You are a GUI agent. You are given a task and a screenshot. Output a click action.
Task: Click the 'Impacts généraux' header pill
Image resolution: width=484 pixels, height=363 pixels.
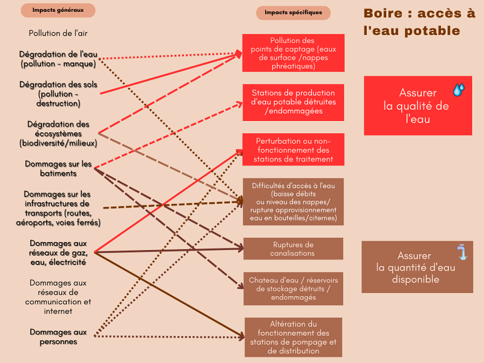tap(58, 10)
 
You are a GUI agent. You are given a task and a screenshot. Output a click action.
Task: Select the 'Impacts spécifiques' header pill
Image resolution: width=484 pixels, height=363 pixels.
tap(293, 12)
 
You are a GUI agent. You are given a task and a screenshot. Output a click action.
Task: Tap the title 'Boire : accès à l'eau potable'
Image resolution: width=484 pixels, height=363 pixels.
tap(419, 22)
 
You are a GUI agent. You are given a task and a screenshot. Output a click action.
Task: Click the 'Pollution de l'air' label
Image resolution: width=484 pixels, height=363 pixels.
tap(58, 33)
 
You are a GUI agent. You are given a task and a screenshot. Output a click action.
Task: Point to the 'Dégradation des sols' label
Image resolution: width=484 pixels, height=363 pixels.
tap(58, 94)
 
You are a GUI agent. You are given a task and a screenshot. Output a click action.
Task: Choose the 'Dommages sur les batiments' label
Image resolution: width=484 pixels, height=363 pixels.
tap(58, 168)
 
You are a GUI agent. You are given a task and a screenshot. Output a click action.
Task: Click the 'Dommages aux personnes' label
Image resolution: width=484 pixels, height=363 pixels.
tap(58, 337)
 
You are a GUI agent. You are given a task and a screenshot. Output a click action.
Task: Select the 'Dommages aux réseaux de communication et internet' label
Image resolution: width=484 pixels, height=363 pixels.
tap(58, 297)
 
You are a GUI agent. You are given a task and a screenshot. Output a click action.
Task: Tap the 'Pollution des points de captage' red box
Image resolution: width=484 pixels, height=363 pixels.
tap(293, 53)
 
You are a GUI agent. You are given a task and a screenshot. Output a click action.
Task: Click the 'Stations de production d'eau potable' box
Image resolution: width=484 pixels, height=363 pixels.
tap(293, 102)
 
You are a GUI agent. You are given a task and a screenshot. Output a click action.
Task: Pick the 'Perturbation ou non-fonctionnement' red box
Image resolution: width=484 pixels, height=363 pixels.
tap(293, 150)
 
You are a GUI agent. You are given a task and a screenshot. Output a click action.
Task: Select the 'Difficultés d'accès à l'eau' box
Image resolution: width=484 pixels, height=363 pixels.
tap(293, 202)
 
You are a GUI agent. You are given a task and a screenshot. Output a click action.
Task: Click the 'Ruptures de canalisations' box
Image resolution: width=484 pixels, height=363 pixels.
tap(293, 248)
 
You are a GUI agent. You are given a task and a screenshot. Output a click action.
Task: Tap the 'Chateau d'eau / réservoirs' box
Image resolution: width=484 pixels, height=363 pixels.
tap(293, 289)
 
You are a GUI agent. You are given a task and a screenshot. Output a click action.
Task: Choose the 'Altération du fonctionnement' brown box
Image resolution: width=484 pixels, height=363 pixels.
tap(293, 337)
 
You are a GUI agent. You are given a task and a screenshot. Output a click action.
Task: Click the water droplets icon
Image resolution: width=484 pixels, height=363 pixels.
tap(459, 90)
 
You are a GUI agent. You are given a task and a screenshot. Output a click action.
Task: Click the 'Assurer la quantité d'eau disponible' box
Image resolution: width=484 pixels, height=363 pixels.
tap(417, 267)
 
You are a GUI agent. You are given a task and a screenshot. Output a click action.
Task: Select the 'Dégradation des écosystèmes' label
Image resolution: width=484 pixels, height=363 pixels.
tap(58, 133)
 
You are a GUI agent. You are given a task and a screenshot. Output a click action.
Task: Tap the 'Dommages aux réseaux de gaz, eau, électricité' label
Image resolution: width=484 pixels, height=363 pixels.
tap(58, 253)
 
